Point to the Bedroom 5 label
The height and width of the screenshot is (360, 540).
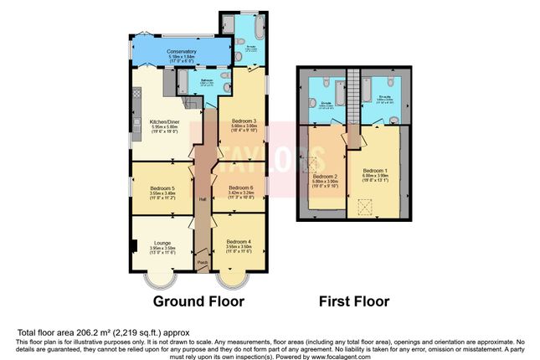pos(162,188)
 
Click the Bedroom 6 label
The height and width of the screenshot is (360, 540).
pos(241,188)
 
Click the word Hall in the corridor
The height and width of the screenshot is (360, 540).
pos(202,198)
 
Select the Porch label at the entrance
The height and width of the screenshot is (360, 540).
pos(202,263)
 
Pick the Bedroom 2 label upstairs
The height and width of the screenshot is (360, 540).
pos(324,177)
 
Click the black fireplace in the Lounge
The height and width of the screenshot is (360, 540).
pos(133,247)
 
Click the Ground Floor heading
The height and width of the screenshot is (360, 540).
pos(198,301)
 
